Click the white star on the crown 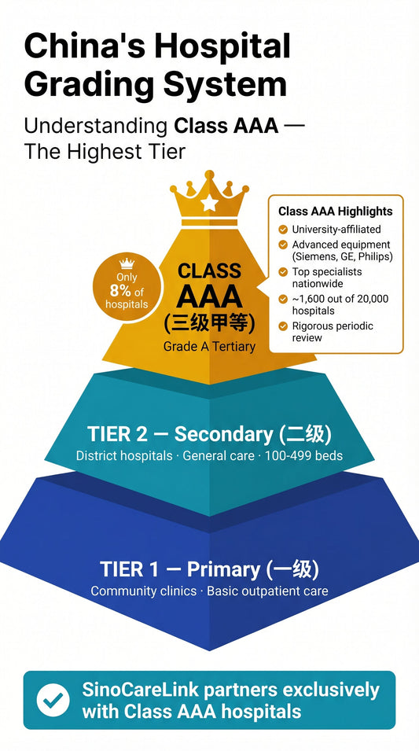pyautogui.click(x=209, y=204)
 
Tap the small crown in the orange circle pyautogui.click(x=126, y=264)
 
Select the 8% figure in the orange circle pyautogui.click(x=120, y=290)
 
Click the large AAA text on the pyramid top pyautogui.click(x=209, y=296)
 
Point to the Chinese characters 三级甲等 pyautogui.click(x=209, y=323)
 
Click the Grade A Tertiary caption pyautogui.click(x=209, y=346)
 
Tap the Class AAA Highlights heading pyautogui.click(x=335, y=211)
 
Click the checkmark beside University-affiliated pyautogui.click(x=283, y=230)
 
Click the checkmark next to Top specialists pyautogui.click(x=283, y=272)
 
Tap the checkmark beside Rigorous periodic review pyautogui.click(x=283, y=326)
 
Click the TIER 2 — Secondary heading pyautogui.click(x=209, y=434)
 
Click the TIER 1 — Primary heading pyautogui.click(x=209, y=569)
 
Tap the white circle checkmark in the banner pyautogui.click(x=53, y=700)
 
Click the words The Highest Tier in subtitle pyautogui.click(x=105, y=151)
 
